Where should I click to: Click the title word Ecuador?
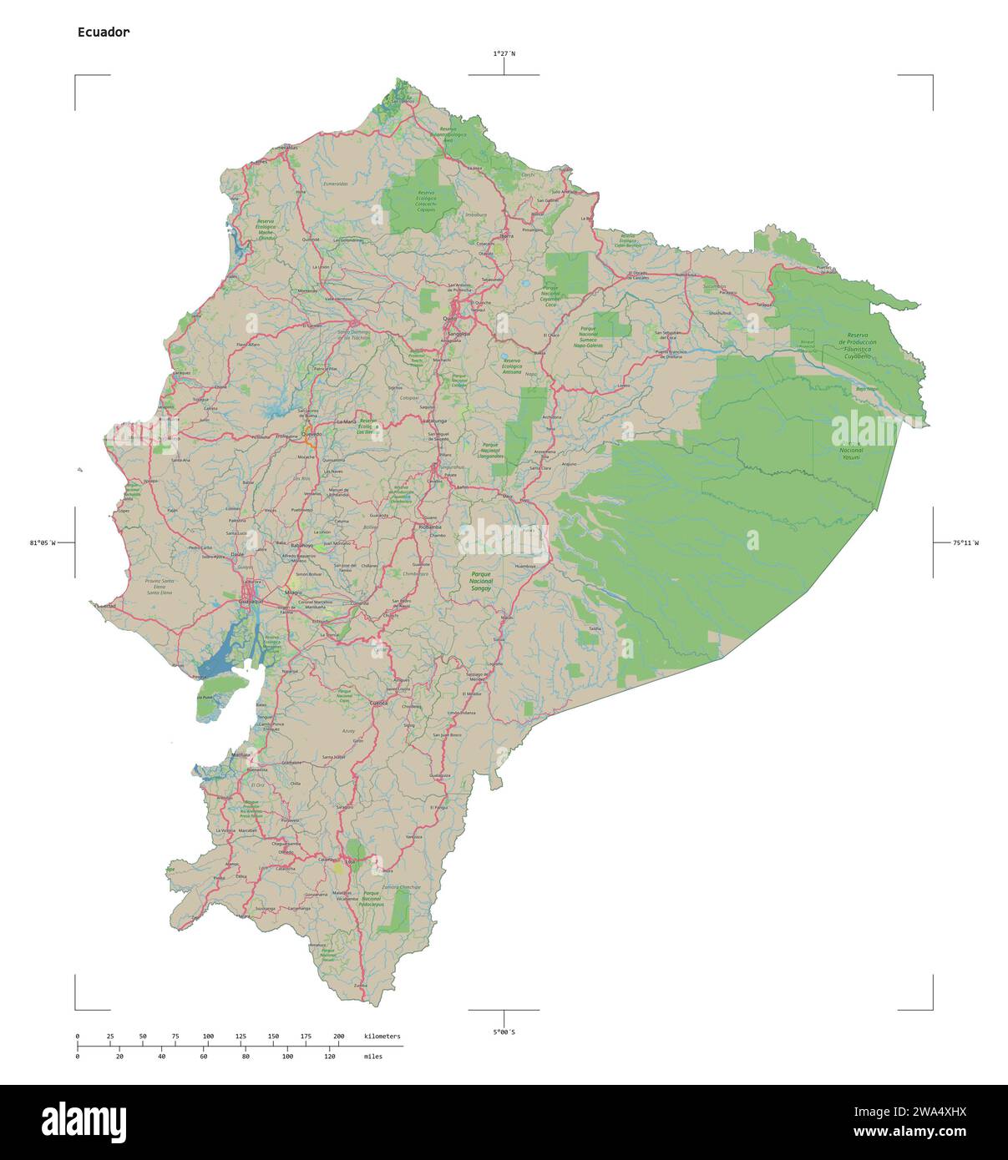[x=104, y=33]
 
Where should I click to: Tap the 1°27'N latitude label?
[x=504, y=53]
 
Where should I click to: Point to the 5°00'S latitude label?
[x=504, y=1032]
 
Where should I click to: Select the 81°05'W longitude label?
[x=43, y=543]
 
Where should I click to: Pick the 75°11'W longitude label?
[x=965, y=543]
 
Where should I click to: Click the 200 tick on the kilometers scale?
[x=338, y=1036]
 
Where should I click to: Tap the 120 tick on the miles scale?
[x=329, y=1057]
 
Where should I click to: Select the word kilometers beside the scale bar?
[x=382, y=1036]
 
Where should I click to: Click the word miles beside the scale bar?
[x=372, y=1057]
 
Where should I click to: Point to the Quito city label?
[x=449, y=319]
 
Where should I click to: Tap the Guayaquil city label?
[x=251, y=601]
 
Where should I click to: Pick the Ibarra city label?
[x=506, y=236]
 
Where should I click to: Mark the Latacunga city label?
[x=435, y=421]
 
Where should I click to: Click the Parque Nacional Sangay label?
[x=481, y=582]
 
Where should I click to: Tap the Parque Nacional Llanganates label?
[x=492, y=451]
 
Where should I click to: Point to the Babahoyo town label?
[x=301, y=545]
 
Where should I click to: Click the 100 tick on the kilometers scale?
[x=208, y=1036]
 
